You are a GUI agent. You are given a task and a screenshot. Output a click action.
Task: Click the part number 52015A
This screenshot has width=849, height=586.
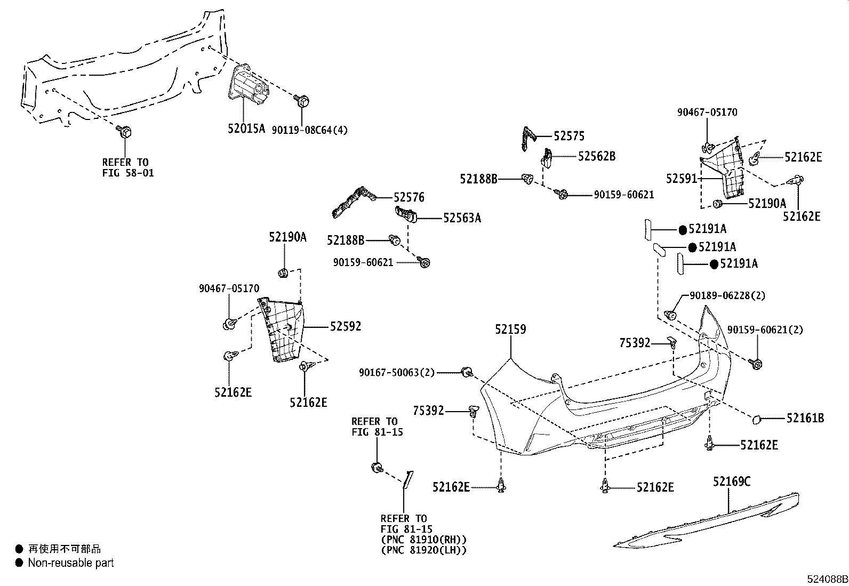pyautogui.click(x=246, y=129)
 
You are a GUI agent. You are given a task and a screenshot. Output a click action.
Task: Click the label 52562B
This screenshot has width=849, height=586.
pyautogui.click(x=597, y=156)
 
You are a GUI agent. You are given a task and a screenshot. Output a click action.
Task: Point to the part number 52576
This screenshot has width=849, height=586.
pyautogui.click(x=409, y=197)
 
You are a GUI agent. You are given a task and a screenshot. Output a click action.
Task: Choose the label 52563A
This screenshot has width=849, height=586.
pyautogui.click(x=462, y=218)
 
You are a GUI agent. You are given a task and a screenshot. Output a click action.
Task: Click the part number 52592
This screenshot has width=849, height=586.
pyautogui.click(x=345, y=326)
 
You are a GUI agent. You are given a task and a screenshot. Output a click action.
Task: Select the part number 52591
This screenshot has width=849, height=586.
pyautogui.click(x=682, y=178)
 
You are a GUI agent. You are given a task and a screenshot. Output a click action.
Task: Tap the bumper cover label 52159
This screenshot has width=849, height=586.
pyautogui.click(x=510, y=329)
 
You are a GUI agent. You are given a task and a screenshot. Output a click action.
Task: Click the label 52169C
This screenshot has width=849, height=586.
pyautogui.click(x=732, y=481)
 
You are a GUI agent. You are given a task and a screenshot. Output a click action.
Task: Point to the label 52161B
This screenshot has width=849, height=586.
pyautogui.click(x=805, y=419)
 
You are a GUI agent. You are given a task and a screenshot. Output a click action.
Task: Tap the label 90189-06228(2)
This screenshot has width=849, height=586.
pyautogui.click(x=727, y=295)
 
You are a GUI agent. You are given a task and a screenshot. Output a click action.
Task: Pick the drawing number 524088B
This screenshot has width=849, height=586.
pyautogui.click(x=827, y=579)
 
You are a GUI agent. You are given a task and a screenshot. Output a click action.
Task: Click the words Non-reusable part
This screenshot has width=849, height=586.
pyautogui.click(x=71, y=563)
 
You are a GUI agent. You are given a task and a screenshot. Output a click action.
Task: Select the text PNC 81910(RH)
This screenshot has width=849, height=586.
pyautogui.click(x=423, y=539)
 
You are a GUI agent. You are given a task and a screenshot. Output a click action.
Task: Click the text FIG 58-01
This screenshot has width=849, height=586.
pyautogui.click(x=128, y=173)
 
